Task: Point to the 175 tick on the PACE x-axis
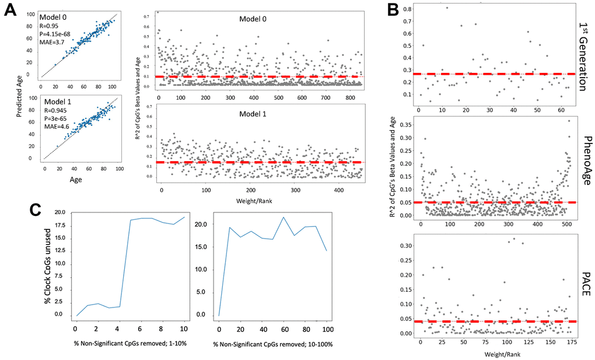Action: point(566,340)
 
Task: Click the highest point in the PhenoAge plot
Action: point(568,121)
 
